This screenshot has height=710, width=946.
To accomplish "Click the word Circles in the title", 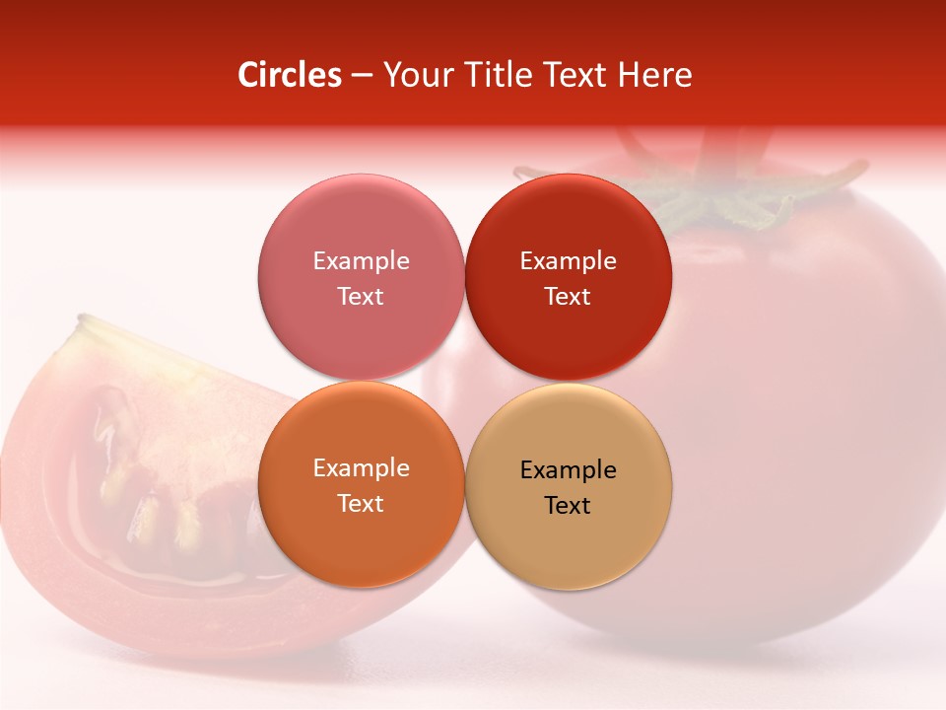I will [x=289, y=75].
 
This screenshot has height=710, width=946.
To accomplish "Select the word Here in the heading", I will [x=654, y=75].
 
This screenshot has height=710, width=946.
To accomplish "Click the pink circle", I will [x=361, y=227].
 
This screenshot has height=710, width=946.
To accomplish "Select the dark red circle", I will [x=569, y=227].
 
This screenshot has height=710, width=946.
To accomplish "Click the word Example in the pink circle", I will [x=361, y=260].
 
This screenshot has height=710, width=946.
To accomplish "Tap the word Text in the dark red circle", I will [x=568, y=296].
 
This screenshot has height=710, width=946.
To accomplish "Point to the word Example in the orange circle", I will [x=361, y=467].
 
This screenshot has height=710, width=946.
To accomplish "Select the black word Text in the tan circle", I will [x=568, y=505].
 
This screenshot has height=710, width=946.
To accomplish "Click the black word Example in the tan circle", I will [x=568, y=469].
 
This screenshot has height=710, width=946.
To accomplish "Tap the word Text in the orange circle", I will [x=361, y=503].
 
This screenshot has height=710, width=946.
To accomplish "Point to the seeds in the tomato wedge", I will [x=148, y=493].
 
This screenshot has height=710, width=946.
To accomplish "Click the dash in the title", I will [x=362, y=76].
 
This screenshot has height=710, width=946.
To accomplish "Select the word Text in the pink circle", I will [x=361, y=296].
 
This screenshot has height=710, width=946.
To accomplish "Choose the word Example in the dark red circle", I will [x=568, y=260].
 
